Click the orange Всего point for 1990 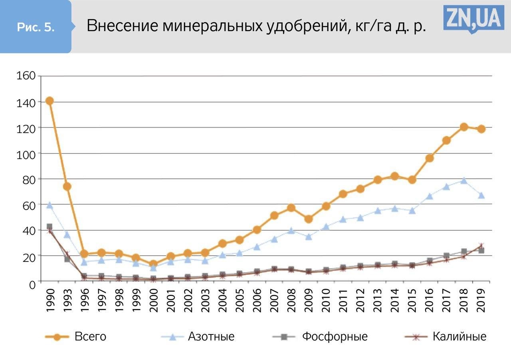(50, 101)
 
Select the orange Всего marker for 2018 (463, 127)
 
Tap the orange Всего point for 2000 (153, 264)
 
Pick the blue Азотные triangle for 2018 (463, 180)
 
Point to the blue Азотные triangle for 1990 (50, 205)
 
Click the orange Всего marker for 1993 (67, 186)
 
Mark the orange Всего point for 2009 (308, 219)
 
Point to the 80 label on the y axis (29, 179)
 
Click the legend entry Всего (90, 336)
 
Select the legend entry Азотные (211, 336)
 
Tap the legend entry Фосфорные (334, 336)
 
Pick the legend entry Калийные (459, 336)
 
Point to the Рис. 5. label (36, 27)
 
